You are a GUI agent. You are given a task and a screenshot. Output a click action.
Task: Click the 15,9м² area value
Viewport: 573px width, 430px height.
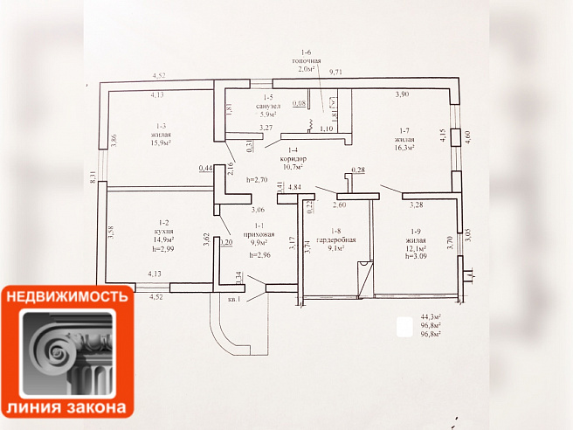coord(160,143)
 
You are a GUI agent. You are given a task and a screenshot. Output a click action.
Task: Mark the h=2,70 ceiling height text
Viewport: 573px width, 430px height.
coord(255,179)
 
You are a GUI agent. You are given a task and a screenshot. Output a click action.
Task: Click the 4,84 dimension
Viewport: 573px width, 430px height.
coord(294,187)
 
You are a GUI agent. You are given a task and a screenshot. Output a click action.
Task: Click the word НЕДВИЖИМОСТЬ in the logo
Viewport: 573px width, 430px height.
coord(67,296)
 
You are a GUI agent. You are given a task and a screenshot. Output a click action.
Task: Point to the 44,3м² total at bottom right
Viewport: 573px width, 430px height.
coord(431,317)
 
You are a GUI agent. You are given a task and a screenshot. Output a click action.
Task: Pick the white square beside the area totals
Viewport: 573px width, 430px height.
coord(404,328)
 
